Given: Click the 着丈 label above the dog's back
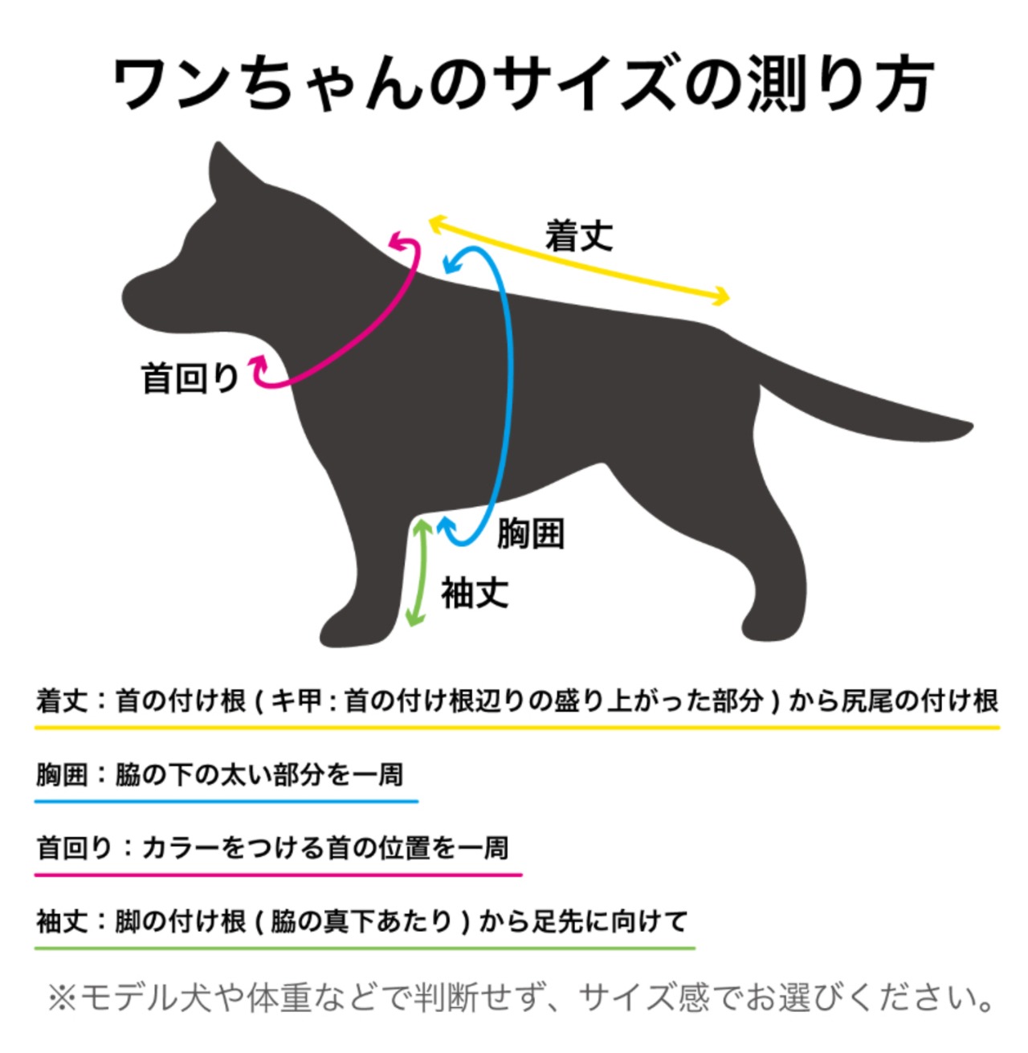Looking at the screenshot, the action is click(578, 236).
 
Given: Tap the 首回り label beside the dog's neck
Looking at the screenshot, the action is click(190, 378).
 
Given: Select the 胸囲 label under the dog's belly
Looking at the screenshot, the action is click(530, 533).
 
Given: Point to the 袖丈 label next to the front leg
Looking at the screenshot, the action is click(474, 594).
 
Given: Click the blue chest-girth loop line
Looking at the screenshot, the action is click(508, 386).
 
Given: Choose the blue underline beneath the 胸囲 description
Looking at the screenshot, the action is click(226, 801).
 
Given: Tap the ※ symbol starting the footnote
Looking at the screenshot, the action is click(62, 998).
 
